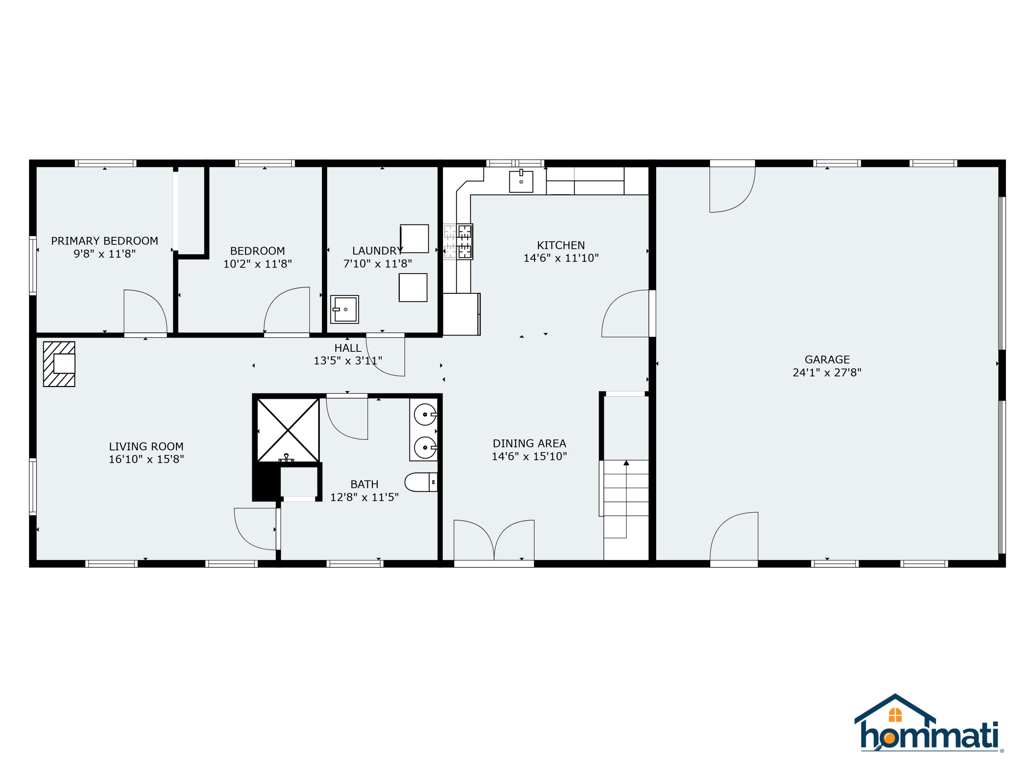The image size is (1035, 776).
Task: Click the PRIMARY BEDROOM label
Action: coord(104,241)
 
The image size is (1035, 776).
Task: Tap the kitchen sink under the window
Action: coord(521,181)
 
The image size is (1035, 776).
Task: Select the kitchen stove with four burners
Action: coord(459,242)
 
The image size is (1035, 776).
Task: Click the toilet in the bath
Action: coord(421,482)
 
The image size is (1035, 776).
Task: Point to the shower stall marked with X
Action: coord(288,430)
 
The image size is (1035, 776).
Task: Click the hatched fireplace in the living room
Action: coord(59,364)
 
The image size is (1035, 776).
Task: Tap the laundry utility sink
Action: coord(344,309)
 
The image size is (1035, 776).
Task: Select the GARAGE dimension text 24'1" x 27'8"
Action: coord(827,372)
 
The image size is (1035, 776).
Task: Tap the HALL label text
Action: coord(348,348)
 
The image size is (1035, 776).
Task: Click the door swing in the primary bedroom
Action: coord(145,311)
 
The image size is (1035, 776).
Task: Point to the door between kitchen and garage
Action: coord(626,314)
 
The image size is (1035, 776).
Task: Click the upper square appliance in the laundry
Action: coord(414,239)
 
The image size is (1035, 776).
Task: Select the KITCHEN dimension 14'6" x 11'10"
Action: coord(561,258)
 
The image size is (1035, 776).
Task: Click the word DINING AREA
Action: coord(529,444)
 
